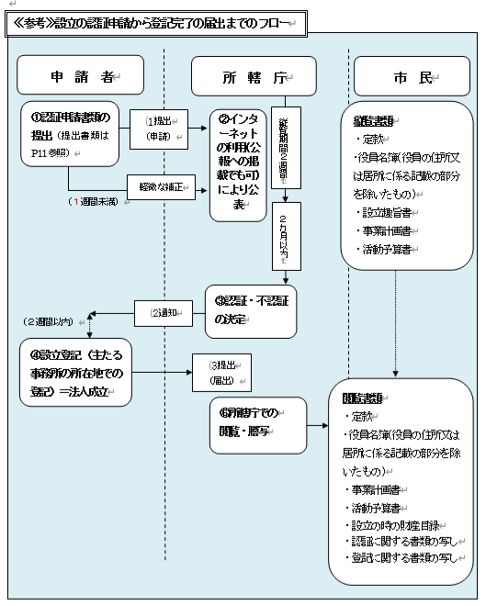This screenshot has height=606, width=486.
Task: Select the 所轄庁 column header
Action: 253,77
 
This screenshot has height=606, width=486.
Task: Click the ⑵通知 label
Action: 169,311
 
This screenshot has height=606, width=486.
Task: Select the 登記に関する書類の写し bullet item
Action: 408,557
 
